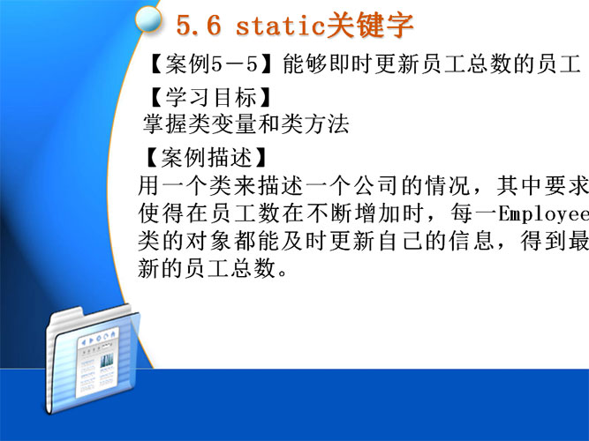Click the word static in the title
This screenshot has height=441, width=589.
point(280,26)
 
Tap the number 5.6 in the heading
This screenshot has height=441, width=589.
point(199,26)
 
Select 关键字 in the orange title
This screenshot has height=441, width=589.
point(369,25)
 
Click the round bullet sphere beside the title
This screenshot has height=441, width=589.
point(148,19)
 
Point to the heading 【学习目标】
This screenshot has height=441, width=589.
point(207,97)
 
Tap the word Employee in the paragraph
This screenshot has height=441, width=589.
point(544,214)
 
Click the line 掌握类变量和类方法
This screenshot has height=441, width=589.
point(246,124)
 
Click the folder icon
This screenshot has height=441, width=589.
point(93,359)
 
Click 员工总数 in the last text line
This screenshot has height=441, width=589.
point(230,269)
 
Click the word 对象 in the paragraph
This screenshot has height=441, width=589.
point(209,242)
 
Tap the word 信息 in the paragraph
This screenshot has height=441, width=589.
point(471,242)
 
